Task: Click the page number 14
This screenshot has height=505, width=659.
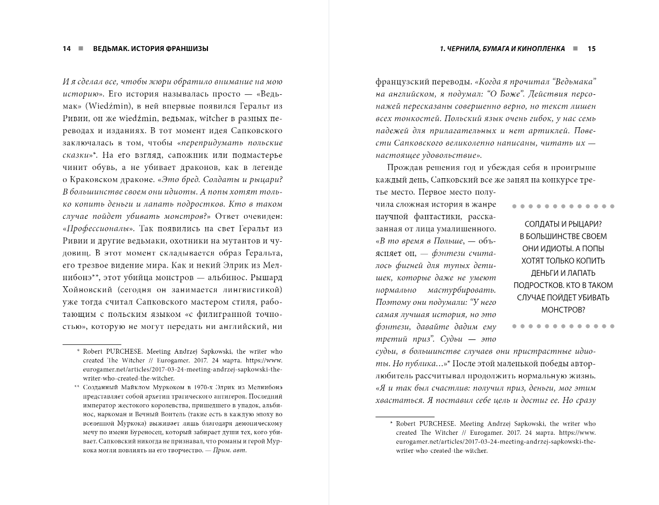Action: point(67,49)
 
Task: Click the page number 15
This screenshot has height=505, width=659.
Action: point(592,49)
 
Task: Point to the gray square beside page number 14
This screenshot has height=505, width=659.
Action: point(80,49)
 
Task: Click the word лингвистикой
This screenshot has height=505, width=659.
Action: point(252,290)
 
